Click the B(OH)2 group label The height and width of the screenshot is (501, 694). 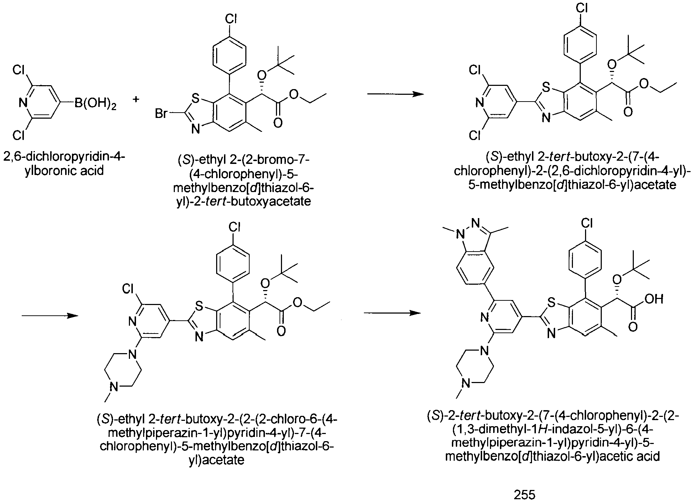click(x=95, y=104)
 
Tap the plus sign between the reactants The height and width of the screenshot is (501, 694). click(x=136, y=100)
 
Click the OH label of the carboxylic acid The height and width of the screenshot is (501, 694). click(x=653, y=299)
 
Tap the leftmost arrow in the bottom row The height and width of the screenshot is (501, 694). click(x=50, y=316)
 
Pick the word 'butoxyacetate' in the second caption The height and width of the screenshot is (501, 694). click(x=271, y=202)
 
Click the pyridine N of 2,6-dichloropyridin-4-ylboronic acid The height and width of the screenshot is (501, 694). click(x=23, y=104)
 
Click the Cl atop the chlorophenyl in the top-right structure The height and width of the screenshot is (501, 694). click(x=582, y=9)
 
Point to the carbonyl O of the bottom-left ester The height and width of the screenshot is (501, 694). click(x=281, y=331)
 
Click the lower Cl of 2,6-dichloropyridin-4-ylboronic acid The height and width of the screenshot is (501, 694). click(x=19, y=135)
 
